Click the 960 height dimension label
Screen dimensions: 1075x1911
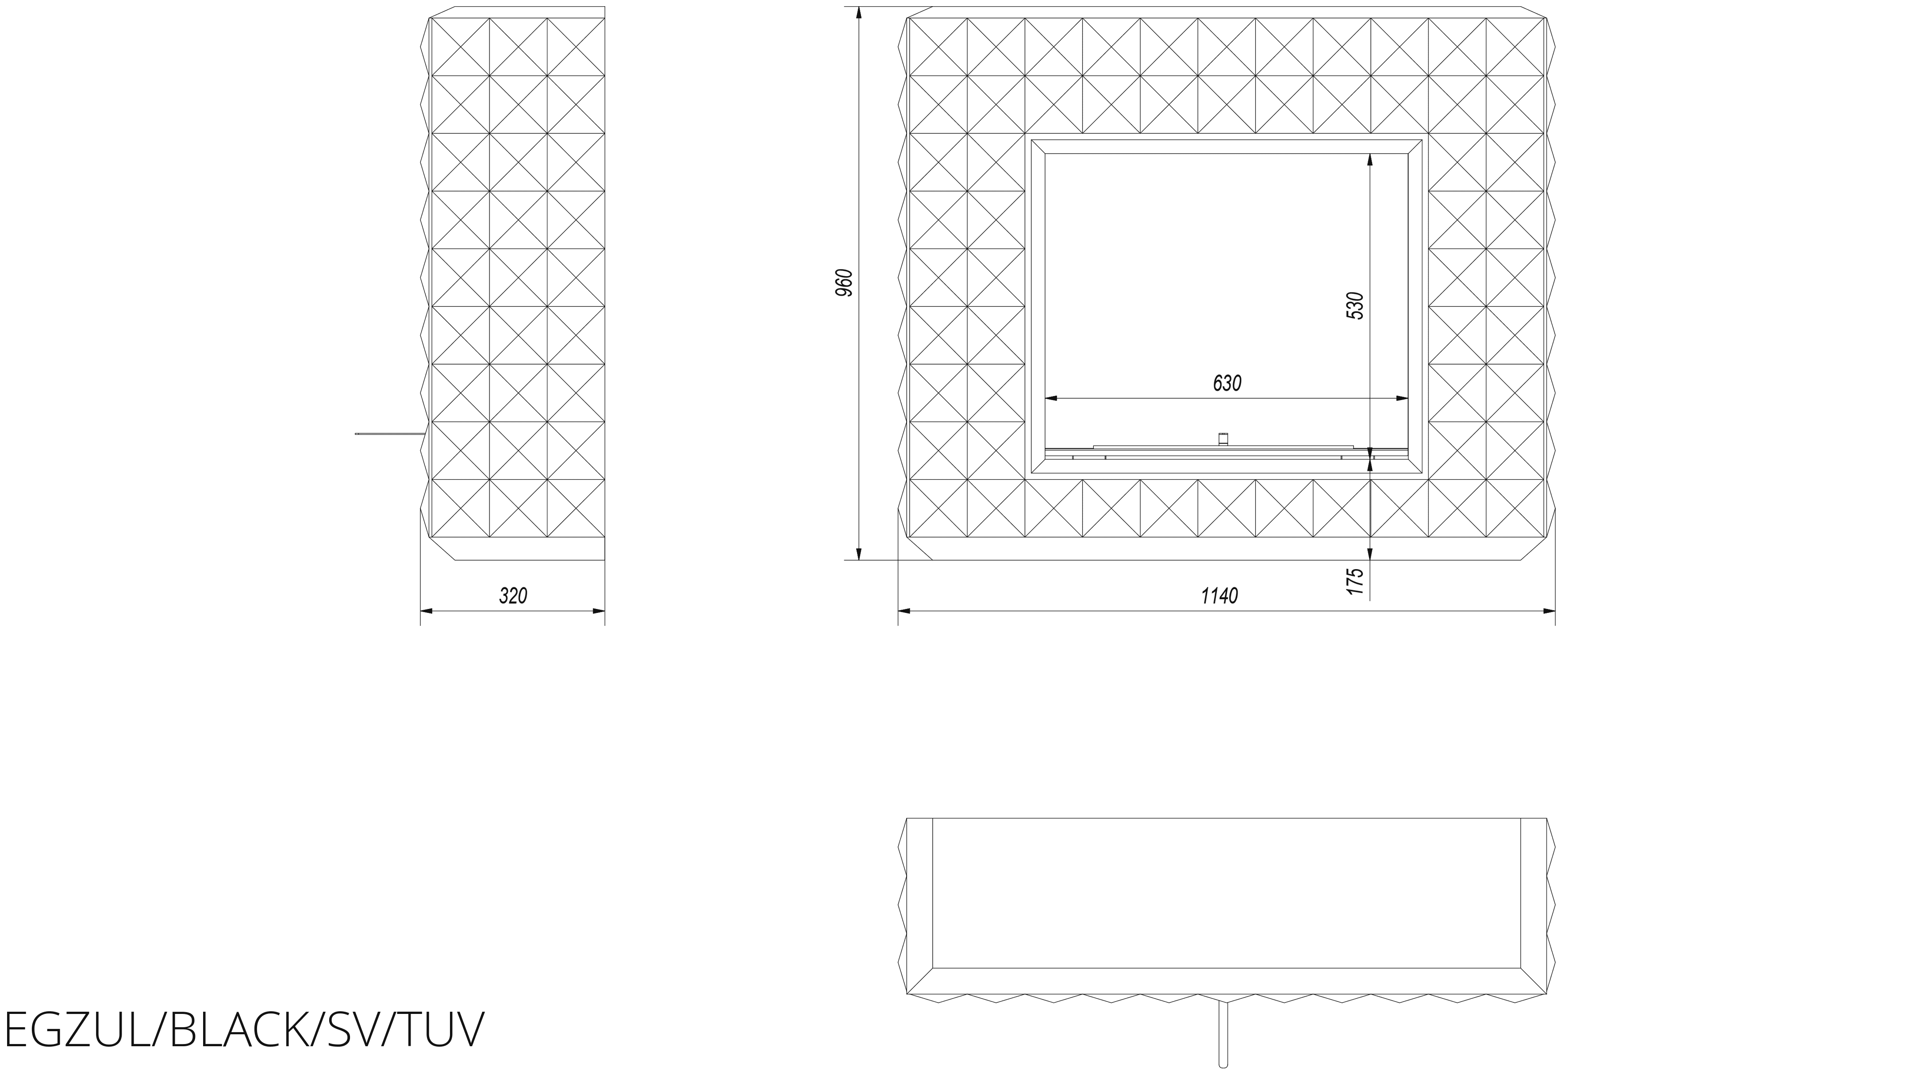pos(844,283)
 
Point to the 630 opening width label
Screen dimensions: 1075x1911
pos(1226,384)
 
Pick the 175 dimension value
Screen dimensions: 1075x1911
pos(1355,581)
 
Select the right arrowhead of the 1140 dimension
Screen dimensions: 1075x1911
pos(1549,611)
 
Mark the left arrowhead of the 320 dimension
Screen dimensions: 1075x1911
pos(427,611)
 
